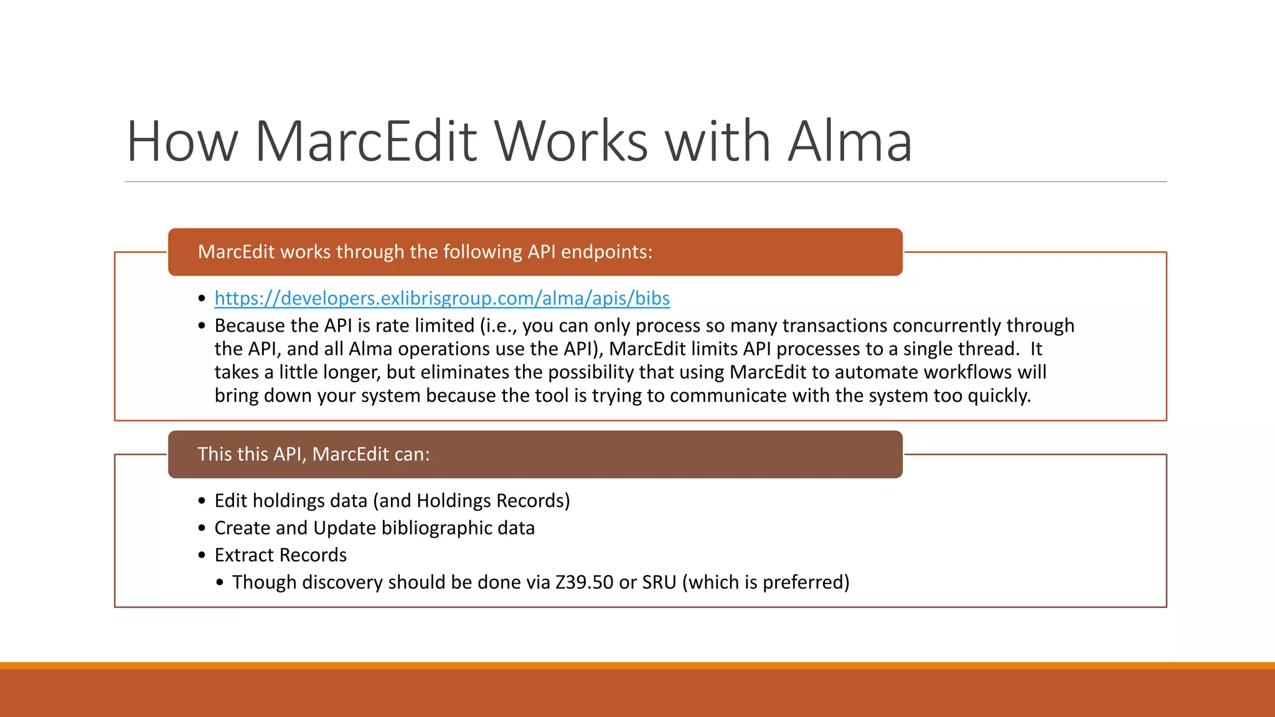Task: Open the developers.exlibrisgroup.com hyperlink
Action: [442, 298]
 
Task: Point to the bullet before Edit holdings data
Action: [202, 501]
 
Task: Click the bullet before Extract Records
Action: [202, 555]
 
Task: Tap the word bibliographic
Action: [436, 528]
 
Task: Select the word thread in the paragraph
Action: [987, 349]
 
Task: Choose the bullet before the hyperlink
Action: [202, 299]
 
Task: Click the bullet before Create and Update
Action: [202, 528]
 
